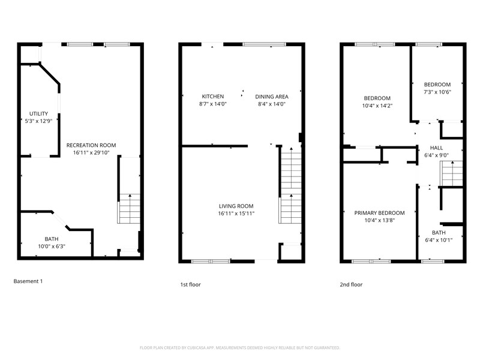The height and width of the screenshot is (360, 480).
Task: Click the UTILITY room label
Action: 39,113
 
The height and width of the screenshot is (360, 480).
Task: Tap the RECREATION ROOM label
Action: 91,145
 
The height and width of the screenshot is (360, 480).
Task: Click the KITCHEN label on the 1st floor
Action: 212,97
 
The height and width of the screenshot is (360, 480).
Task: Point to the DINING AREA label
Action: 272,97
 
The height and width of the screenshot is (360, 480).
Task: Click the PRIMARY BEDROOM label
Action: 379,213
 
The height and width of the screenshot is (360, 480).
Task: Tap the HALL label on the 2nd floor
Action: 436,148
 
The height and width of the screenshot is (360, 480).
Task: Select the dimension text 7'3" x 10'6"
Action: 437,92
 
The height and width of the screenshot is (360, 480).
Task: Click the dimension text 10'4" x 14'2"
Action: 377,106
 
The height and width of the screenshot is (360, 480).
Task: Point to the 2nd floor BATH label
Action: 439,233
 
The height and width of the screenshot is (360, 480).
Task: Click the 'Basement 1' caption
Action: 28,281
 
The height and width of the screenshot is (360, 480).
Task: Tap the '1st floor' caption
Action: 190,284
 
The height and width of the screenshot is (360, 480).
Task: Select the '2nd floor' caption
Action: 351,284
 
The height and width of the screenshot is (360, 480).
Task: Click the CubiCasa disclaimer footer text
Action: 240,347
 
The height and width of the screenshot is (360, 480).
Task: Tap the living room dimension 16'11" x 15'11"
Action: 236,213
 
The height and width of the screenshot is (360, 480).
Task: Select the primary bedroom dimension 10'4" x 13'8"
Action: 379,220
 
